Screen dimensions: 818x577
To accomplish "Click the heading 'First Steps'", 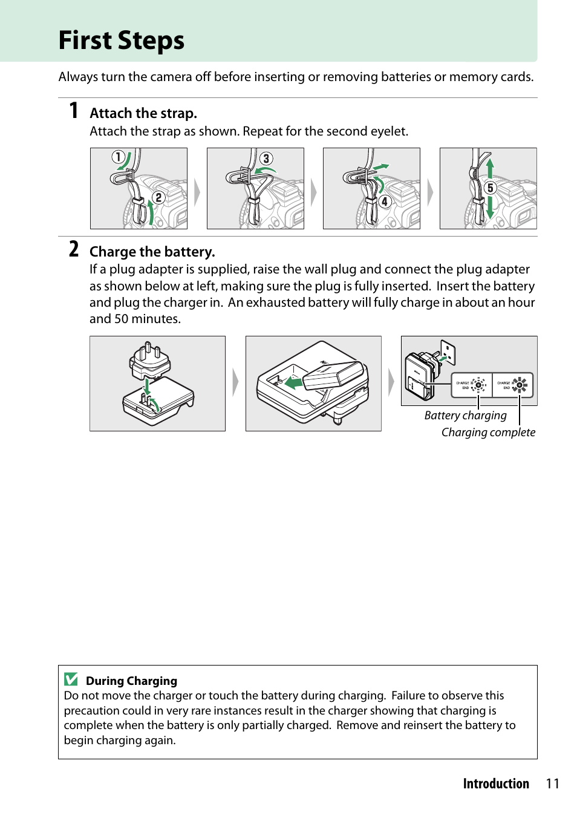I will tap(121, 41).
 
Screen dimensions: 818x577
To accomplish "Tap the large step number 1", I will tap(74, 111).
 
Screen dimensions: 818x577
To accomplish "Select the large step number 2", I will tap(74, 249).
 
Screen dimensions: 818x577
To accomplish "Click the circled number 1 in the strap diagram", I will tap(118, 157).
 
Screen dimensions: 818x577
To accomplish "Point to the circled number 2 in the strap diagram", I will tap(158, 197).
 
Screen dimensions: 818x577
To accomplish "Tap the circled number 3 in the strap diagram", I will tap(266, 159).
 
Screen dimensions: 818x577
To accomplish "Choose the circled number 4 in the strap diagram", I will tap(385, 201).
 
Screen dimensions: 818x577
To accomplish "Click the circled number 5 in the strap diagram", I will tap(490, 188).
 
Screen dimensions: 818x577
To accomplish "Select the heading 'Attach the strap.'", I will tap(143, 113).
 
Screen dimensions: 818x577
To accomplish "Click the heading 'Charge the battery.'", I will tap(152, 252).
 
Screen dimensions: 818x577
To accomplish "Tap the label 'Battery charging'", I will tap(465, 415).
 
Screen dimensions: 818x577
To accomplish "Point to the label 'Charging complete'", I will tap(488, 432).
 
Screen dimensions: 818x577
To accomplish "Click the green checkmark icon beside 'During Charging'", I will tap(71, 679).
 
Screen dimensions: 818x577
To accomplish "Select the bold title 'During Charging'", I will tap(131, 681).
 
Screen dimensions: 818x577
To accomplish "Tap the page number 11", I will tap(552, 784).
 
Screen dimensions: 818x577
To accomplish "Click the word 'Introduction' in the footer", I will tap(496, 784).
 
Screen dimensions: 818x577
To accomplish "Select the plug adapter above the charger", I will tap(149, 361).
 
